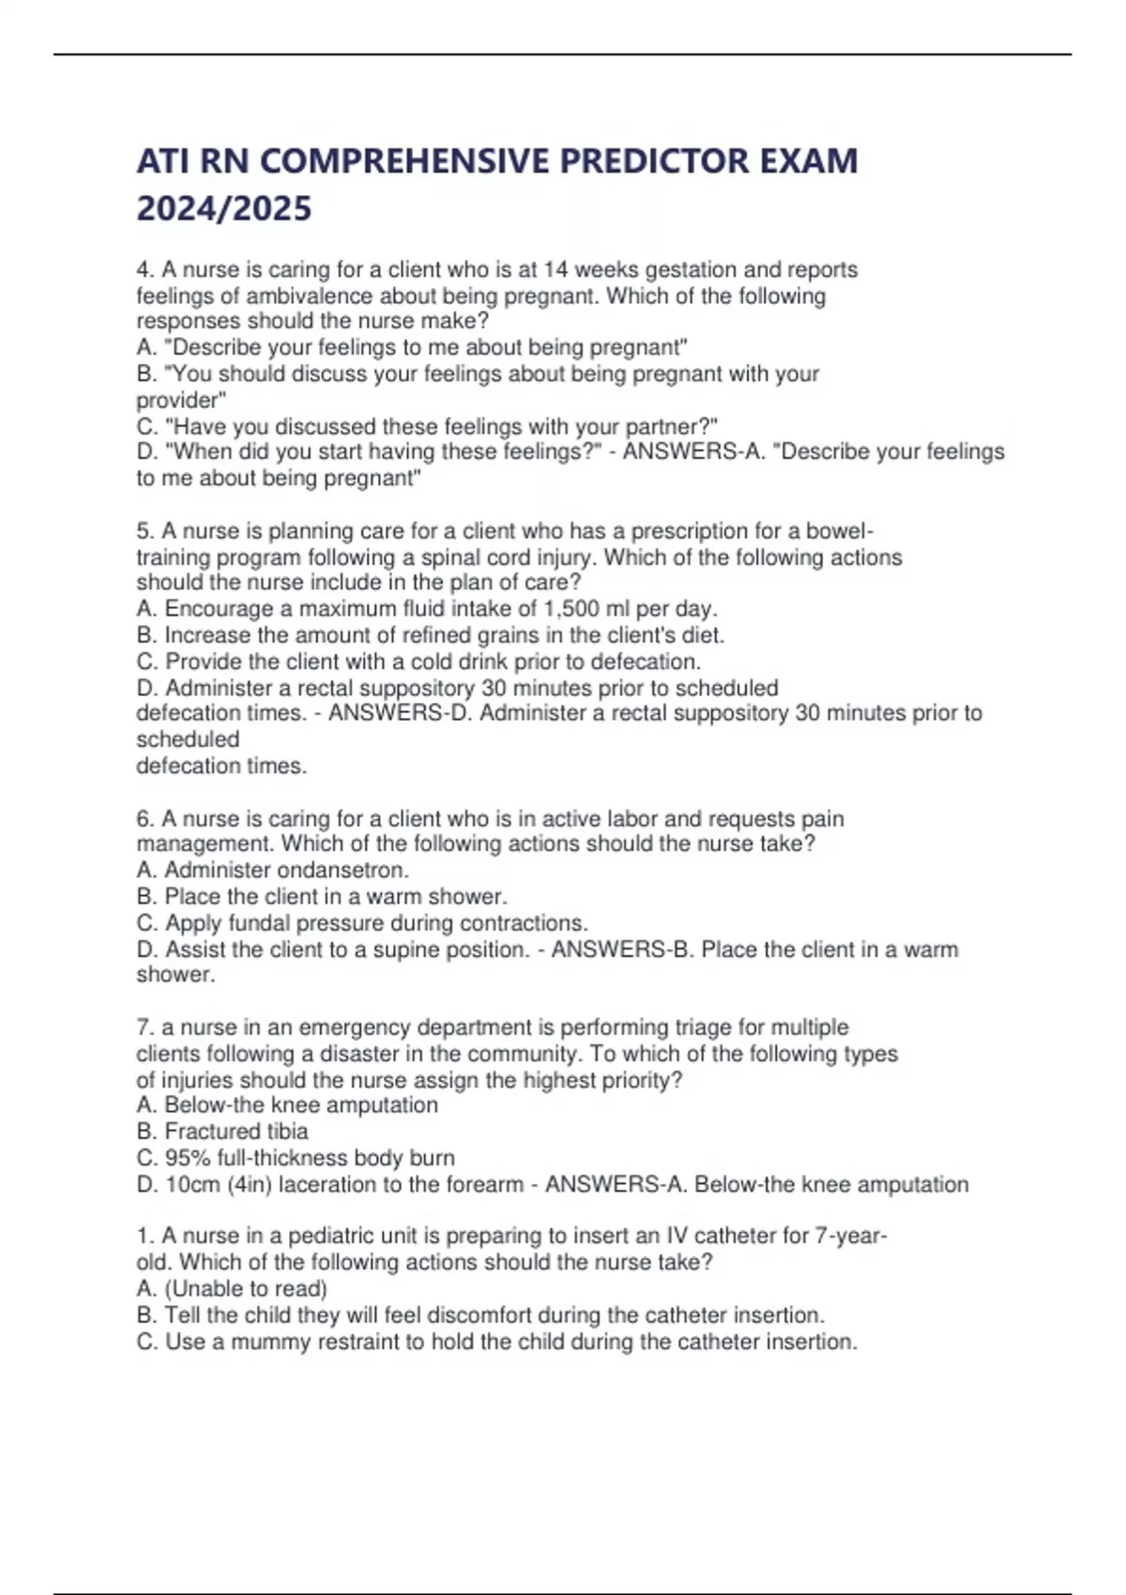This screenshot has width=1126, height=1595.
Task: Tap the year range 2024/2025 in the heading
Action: click(224, 208)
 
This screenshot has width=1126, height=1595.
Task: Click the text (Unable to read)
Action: click(246, 1289)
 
